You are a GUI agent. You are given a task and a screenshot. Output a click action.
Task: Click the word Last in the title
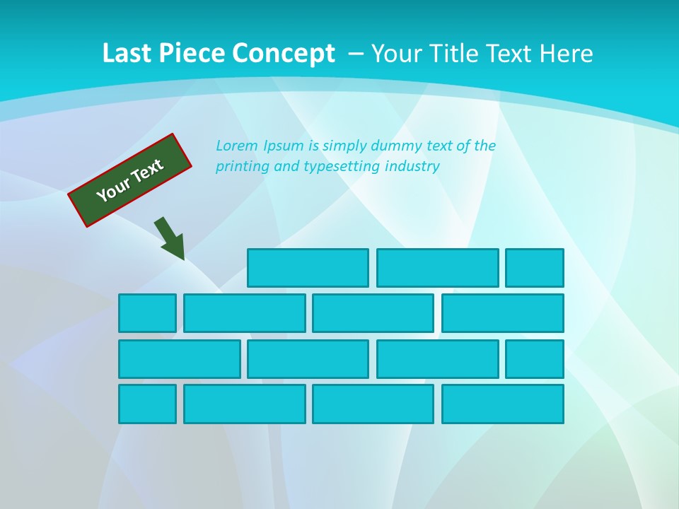point(128,54)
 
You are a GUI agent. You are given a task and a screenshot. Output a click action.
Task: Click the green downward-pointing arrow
point(170,238)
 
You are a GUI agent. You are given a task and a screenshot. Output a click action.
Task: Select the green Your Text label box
point(130,180)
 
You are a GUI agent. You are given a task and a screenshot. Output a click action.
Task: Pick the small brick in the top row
point(535,268)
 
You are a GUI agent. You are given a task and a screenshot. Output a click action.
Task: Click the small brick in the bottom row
point(147,404)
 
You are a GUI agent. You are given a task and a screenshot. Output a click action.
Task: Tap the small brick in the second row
point(147,313)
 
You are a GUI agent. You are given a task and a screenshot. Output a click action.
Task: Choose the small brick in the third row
point(535,359)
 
